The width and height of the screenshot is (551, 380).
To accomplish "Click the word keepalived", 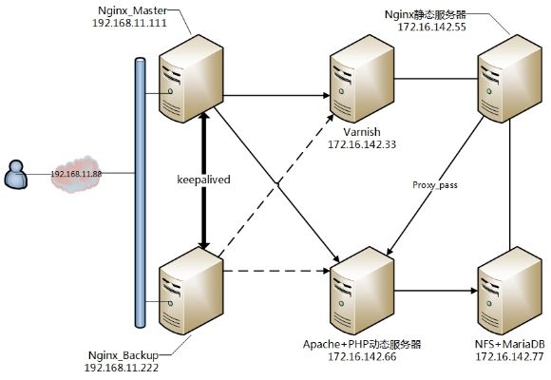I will pyautogui.click(x=205, y=178).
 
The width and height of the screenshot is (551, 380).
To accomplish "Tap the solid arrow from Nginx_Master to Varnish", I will pyautogui.click(x=275, y=96).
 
